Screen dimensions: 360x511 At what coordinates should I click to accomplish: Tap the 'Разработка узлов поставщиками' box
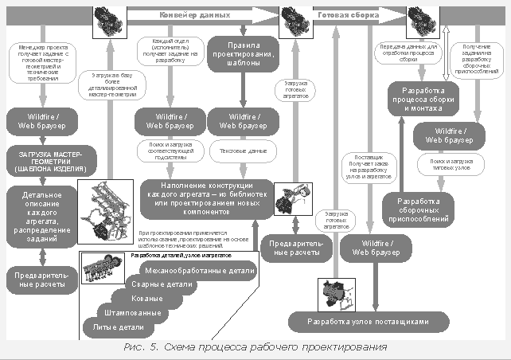click(369, 322)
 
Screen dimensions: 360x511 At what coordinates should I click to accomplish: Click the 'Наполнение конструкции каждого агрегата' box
click(207, 196)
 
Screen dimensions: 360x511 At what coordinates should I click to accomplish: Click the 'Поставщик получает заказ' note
click(364, 168)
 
